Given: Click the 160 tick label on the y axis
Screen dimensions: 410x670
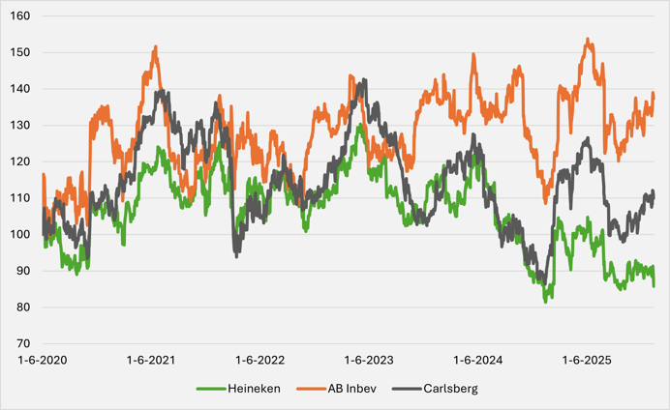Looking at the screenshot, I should (x=21, y=16).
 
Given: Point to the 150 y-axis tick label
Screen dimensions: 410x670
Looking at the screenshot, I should (x=21, y=53).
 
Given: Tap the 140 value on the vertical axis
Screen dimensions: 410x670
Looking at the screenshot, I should (x=21, y=89).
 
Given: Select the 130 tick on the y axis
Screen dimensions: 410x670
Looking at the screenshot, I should (x=21, y=126).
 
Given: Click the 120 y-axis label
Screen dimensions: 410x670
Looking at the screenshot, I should (x=21, y=161).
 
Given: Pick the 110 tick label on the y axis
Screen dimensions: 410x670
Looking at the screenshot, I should (x=21, y=198).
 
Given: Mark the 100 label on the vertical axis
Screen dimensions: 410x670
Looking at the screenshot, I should (x=21, y=235).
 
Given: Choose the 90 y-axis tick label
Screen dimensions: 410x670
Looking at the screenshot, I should (x=24, y=271).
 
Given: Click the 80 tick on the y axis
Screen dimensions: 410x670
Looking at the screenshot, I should (x=24, y=307).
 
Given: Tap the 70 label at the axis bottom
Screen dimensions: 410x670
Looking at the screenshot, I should (x=24, y=343).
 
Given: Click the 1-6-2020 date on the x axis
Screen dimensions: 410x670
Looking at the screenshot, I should (x=43, y=361).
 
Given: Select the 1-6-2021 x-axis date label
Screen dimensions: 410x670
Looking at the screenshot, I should (x=152, y=361).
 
